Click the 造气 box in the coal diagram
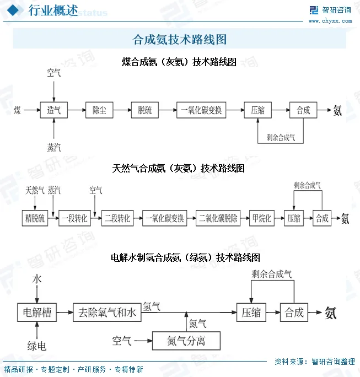tap(53, 110)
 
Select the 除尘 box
tap(99, 110)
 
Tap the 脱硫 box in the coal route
tap(144, 110)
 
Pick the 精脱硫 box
tap(35, 218)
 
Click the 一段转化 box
tap(74, 218)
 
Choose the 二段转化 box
tap(118, 218)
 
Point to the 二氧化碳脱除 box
tap(219, 218)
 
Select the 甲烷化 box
tap(261, 218)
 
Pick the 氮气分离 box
tap(186, 341)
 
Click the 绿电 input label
tap(36, 346)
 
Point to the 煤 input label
tap(18, 110)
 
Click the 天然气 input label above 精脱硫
tap(35, 190)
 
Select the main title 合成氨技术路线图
tap(180, 39)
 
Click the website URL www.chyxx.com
tap(330, 20)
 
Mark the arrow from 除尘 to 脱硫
tap(122, 110)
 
